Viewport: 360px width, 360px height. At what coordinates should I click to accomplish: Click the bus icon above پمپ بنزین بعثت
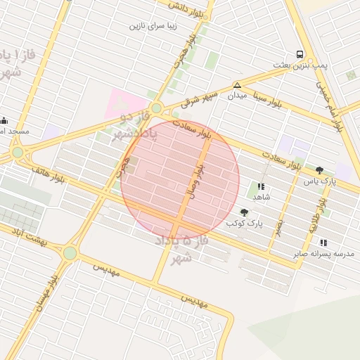click(300, 55)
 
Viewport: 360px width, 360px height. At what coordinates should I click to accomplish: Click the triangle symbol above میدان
click(237, 85)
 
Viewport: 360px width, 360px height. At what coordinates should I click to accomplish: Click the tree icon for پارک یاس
click(320, 170)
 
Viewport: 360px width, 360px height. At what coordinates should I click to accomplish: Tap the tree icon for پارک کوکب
click(244, 212)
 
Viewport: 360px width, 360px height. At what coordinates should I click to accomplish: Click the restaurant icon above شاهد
click(261, 186)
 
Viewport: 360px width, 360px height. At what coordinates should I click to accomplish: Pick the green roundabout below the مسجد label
click(18, 152)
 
